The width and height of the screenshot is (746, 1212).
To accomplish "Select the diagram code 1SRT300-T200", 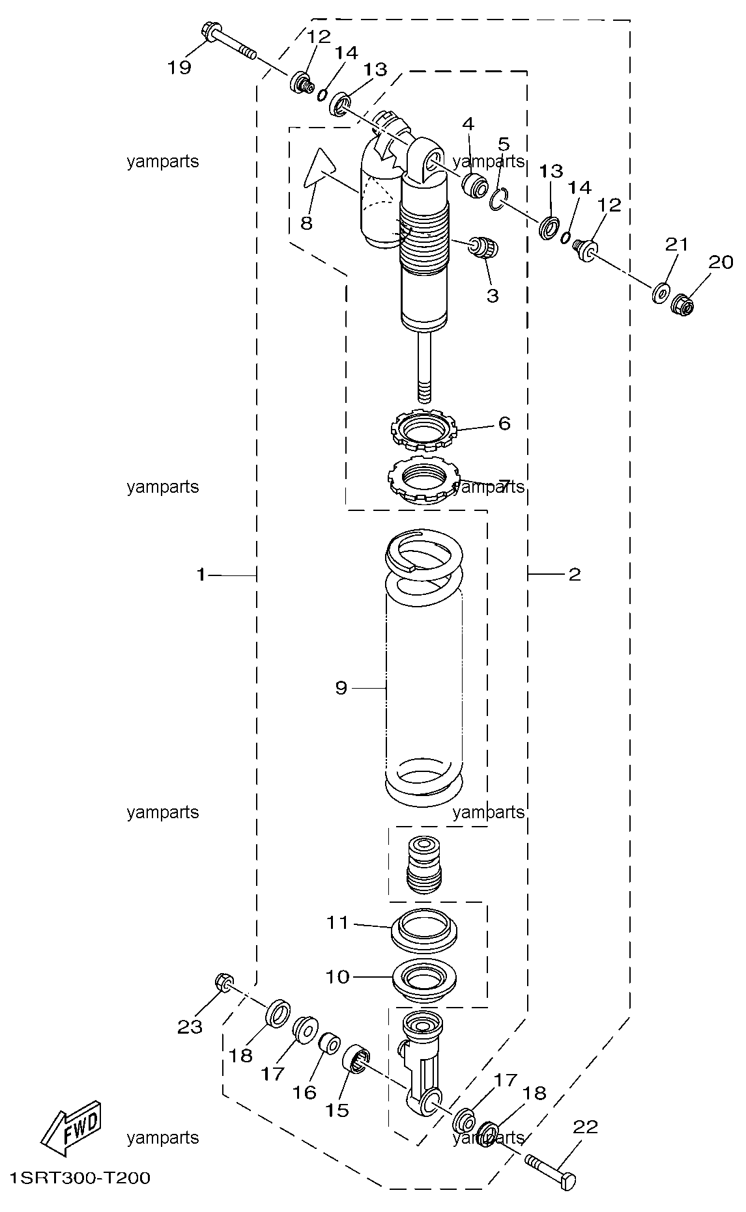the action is pyautogui.click(x=80, y=1178).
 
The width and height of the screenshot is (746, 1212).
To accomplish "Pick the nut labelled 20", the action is pyautogui.click(x=681, y=303).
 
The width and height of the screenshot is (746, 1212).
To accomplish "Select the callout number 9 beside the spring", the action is pyautogui.click(x=341, y=687).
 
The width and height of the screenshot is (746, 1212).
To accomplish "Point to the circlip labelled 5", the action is pyautogui.click(x=499, y=199).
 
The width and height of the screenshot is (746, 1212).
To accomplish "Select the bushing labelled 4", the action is pyautogui.click(x=475, y=185).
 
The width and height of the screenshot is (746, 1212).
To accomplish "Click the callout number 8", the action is pyautogui.click(x=306, y=223).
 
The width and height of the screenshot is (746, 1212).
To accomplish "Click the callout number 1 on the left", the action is pyautogui.click(x=201, y=574).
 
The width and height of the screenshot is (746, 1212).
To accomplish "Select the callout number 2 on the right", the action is pyautogui.click(x=574, y=574).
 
